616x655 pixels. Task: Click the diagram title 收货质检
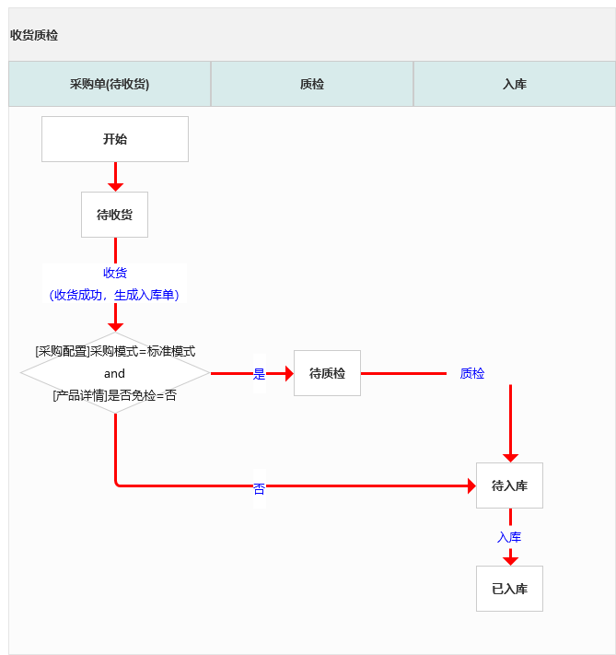coord(34,35)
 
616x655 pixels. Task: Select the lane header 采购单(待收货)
coord(110,84)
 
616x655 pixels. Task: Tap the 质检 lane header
coord(312,84)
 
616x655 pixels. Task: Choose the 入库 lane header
coord(515,84)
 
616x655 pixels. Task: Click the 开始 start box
coord(115,139)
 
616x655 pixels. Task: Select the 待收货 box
coord(115,215)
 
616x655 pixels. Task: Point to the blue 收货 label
coord(115,273)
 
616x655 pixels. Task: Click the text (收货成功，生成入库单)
coord(114,295)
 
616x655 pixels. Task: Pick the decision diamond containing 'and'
coord(115,373)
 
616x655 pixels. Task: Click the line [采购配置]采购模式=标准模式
coord(115,351)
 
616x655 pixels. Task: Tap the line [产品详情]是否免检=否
coord(115,395)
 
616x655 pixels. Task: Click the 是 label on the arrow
coord(259,374)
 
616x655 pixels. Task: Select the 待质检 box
coord(327,373)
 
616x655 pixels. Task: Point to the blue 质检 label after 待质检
coord(472,373)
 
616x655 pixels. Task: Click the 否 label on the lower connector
coord(259,489)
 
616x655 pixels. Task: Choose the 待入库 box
coord(509,485)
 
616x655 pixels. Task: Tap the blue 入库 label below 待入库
coord(509,537)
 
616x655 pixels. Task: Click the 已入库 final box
coord(509,589)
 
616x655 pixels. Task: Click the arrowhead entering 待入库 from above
coord(510,457)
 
